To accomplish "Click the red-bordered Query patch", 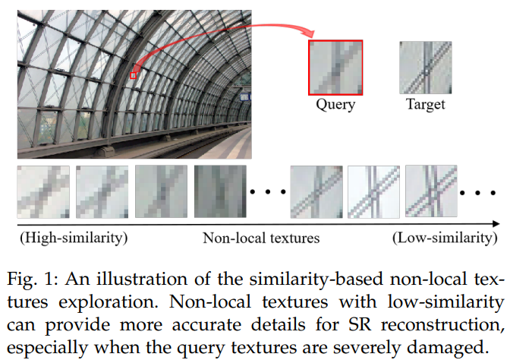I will click(x=335, y=66).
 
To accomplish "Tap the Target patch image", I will click(x=425, y=66).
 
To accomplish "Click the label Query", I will click(x=335, y=105).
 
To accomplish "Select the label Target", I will click(x=425, y=105).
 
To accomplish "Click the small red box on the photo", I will click(x=134, y=74).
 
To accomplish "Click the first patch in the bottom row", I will click(x=43, y=192).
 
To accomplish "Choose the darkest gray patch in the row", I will click(x=220, y=192).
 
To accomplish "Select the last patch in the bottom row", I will click(x=431, y=192).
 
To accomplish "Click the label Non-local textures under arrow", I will click(x=261, y=238).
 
